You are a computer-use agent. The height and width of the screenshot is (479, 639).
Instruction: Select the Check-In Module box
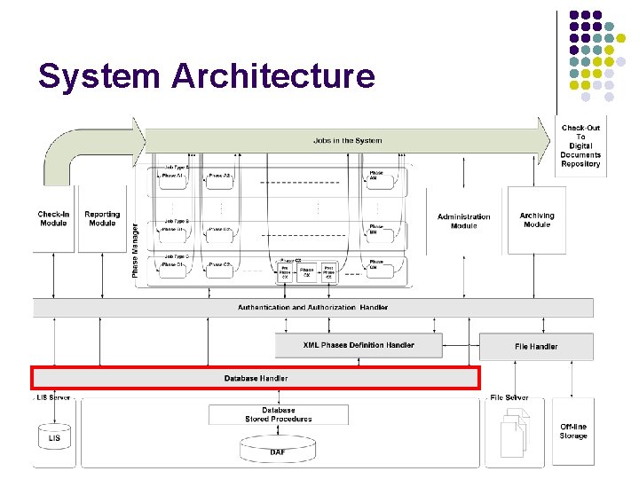53,218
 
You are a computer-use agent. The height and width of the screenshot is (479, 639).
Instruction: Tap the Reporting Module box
102,218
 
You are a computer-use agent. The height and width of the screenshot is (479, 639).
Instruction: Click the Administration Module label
463,221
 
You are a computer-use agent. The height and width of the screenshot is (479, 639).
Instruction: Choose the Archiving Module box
537,220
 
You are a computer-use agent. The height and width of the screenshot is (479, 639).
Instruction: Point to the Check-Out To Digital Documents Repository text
580,145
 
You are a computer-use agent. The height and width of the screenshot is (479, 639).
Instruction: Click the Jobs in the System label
347,140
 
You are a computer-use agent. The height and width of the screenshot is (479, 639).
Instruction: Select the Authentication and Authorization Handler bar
312,308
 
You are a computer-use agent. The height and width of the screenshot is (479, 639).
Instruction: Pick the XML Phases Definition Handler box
359,345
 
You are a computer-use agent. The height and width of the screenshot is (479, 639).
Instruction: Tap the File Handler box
536,346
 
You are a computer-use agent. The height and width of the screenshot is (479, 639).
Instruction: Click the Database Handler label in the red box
256,378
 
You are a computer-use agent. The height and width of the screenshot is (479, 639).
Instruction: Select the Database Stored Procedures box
279,414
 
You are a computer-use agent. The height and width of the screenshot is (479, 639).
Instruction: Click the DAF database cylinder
278,449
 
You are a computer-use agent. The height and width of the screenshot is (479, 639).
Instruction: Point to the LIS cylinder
55,436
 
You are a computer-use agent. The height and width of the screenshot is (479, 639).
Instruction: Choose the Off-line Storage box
573,431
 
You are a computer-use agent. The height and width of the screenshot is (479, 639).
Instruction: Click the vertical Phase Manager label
136,249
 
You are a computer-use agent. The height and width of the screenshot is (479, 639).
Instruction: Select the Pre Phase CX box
285,272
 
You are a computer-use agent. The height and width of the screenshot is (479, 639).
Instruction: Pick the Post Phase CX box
327,272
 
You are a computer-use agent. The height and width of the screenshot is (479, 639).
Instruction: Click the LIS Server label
53,398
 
